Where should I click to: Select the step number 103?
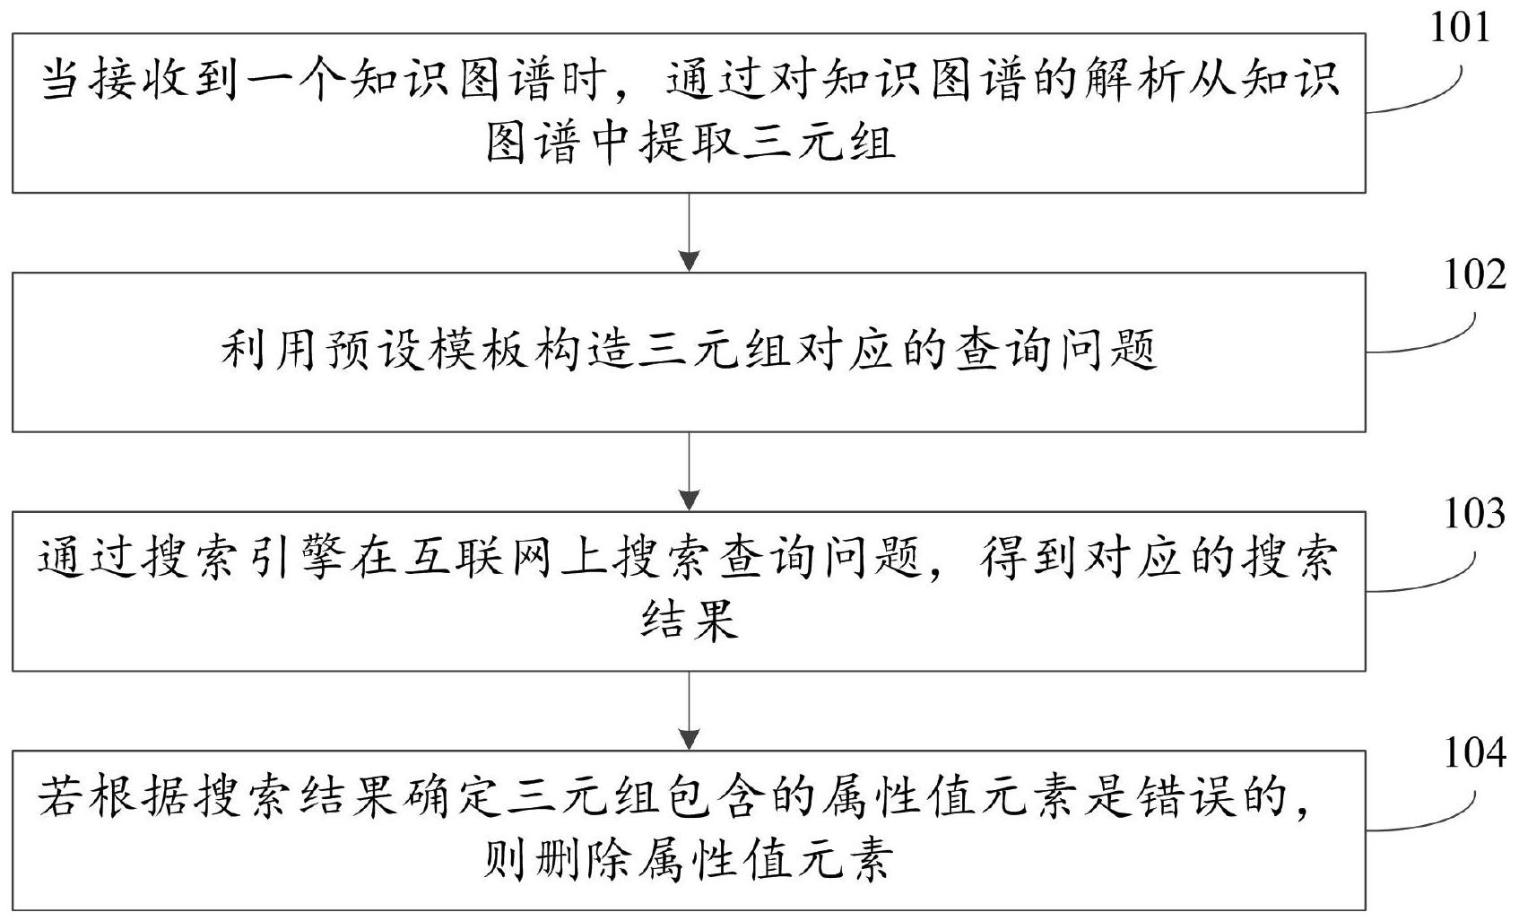[x=1474, y=513]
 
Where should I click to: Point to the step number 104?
[x=1474, y=752]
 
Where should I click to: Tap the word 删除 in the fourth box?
[x=584, y=860]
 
